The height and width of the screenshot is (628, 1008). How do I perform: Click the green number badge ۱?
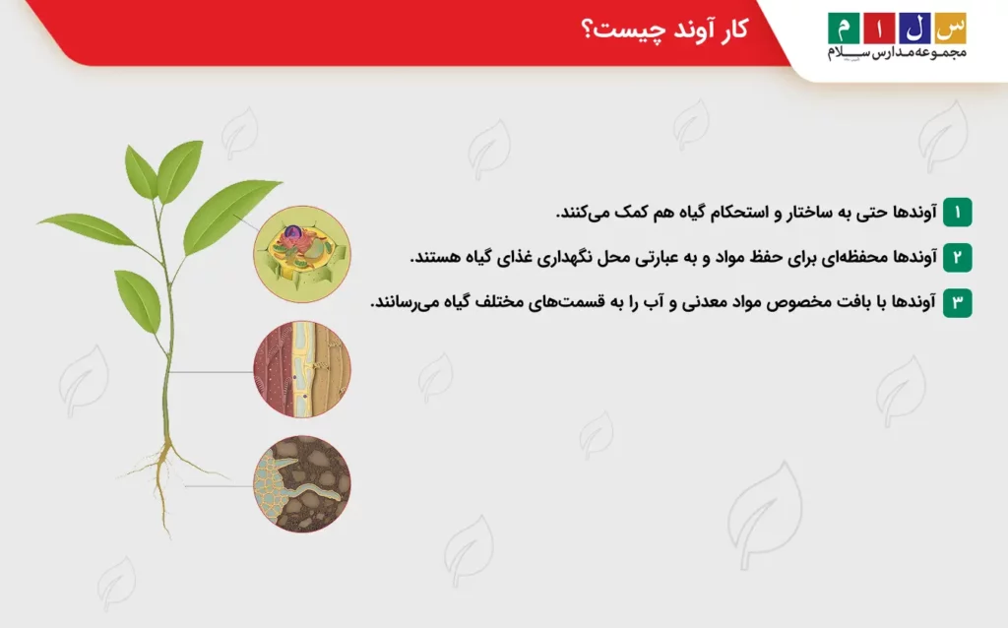coord(957,212)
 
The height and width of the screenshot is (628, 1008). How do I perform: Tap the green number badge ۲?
coord(957,257)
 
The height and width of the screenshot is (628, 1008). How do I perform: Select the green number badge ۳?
coord(957,302)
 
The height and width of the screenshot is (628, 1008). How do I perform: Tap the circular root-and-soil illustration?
coord(302,484)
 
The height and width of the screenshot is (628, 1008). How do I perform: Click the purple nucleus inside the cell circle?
coord(292,235)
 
